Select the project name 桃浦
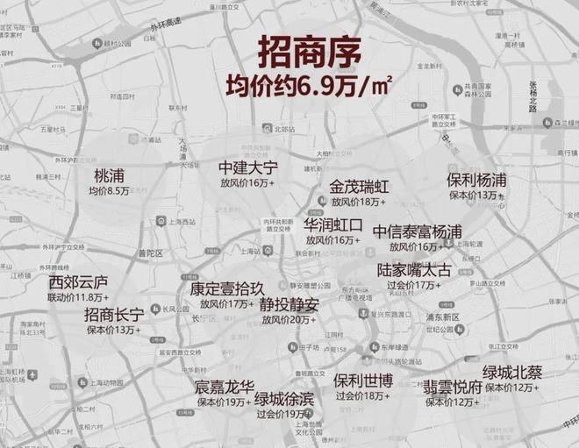[x=109, y=175]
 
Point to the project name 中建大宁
[x=247, y=167]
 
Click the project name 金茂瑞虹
[x=359, y=187]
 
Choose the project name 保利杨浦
[x=476, y=179]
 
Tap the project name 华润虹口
[x=332, y=224]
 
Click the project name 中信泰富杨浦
[x=417, y=231]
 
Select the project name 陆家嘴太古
[x=413, y=270]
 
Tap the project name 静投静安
[x=289, y=305]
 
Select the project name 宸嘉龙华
[x=225, y=387]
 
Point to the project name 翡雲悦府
[x=453, y=387]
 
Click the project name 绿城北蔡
[x=512, y=372]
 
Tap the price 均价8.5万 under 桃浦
[x=109, y=191]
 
